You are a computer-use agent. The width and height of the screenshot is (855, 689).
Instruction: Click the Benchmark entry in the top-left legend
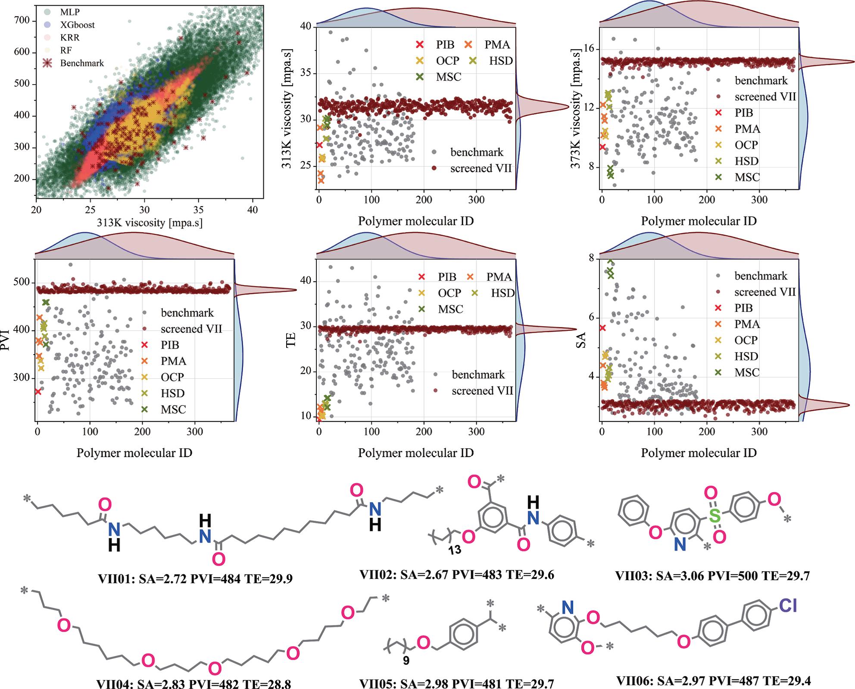[x=82, y=63]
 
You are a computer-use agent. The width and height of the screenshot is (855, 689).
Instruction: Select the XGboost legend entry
[x=77, y=25]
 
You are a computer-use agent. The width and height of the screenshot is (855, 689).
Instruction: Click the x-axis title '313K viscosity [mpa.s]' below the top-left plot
[x=150, y=223]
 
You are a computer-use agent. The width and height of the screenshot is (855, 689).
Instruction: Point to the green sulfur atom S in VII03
[x=715, y=515]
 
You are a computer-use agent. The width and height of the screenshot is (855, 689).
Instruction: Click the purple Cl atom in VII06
[x=787, y=606]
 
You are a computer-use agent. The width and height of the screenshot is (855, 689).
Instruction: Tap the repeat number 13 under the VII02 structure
[x=455, y=550]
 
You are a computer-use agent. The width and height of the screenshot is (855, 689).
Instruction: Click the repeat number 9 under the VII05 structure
[x=406, y=661]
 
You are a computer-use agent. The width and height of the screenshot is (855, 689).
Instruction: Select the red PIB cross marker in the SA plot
[x=602, y=328]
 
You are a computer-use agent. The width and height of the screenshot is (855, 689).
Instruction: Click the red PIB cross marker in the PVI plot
[x=38, y=391]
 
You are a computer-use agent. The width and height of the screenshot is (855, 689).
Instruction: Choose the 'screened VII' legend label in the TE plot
[x=482, y=390]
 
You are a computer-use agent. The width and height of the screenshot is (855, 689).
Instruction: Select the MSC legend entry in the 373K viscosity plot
[x=747, y=177]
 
